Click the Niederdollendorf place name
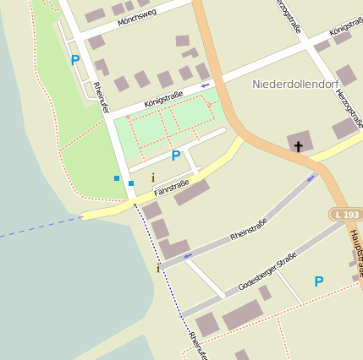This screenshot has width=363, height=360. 293,85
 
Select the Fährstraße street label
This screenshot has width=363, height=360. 172,183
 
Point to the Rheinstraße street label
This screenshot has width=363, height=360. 248,226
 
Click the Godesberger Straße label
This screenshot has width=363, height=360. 267,271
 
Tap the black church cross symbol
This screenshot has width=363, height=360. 298,146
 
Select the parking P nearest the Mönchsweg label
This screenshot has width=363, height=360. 75,60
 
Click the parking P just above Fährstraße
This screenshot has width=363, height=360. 176,155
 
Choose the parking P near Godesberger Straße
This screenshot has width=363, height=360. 319,281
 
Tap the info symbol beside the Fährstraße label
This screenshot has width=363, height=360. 152,177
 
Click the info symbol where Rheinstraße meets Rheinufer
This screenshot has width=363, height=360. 157,268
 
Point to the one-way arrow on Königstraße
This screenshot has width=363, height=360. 204,85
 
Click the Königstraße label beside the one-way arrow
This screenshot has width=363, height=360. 163,98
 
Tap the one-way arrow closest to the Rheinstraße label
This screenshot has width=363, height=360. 188,254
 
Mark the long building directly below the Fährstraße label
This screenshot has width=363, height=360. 192,193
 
